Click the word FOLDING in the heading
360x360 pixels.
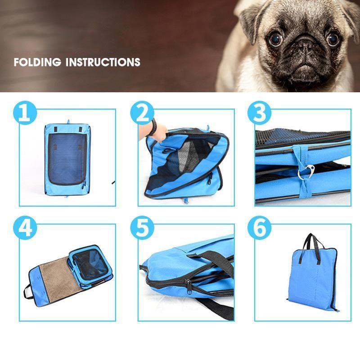tap(37, 62)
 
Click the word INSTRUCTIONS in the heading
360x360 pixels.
tap(103, 62)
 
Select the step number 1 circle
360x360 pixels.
tap(25, 113)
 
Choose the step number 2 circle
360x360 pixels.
tap(142, 113)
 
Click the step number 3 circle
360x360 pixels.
tap(259, 113)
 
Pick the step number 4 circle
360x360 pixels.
tap(25, 228)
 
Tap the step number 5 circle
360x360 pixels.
tap(142, 228)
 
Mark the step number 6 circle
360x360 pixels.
tap(259, 228)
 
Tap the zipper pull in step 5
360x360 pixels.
tap(189, 287)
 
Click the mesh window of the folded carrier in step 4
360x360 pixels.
tap(90, 265)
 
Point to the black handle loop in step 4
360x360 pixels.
tap(27, 292)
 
